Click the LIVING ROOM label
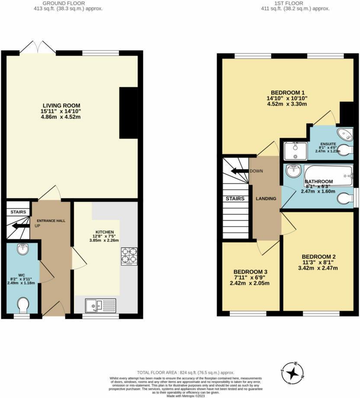pos(61,105)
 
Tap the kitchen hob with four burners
pos(129,255)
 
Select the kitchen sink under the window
pos(100,305)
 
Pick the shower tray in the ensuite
pos(295,150)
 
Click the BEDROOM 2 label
pos(318,256)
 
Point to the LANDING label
pos(266,199)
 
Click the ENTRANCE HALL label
pos(51,221)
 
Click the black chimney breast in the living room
pos(128,112)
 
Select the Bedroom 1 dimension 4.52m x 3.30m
pos(288,104)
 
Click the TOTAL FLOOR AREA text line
pos(186,372)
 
